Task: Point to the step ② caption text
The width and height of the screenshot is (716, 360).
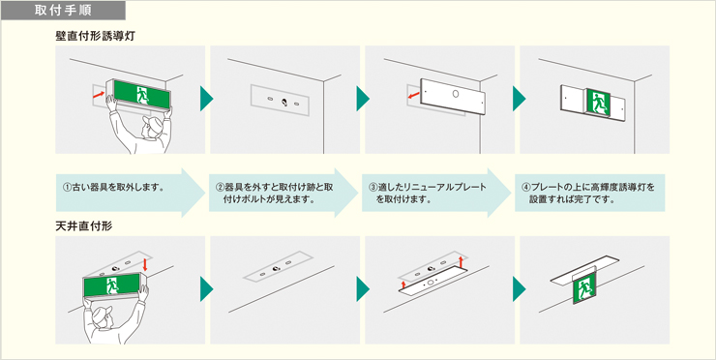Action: coord(274,192)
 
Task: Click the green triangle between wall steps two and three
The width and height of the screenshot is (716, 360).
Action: coord(363,98)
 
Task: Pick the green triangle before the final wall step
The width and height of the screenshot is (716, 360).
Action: coord(519,98)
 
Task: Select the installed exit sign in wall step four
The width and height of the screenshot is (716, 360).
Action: coord(598,100)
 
